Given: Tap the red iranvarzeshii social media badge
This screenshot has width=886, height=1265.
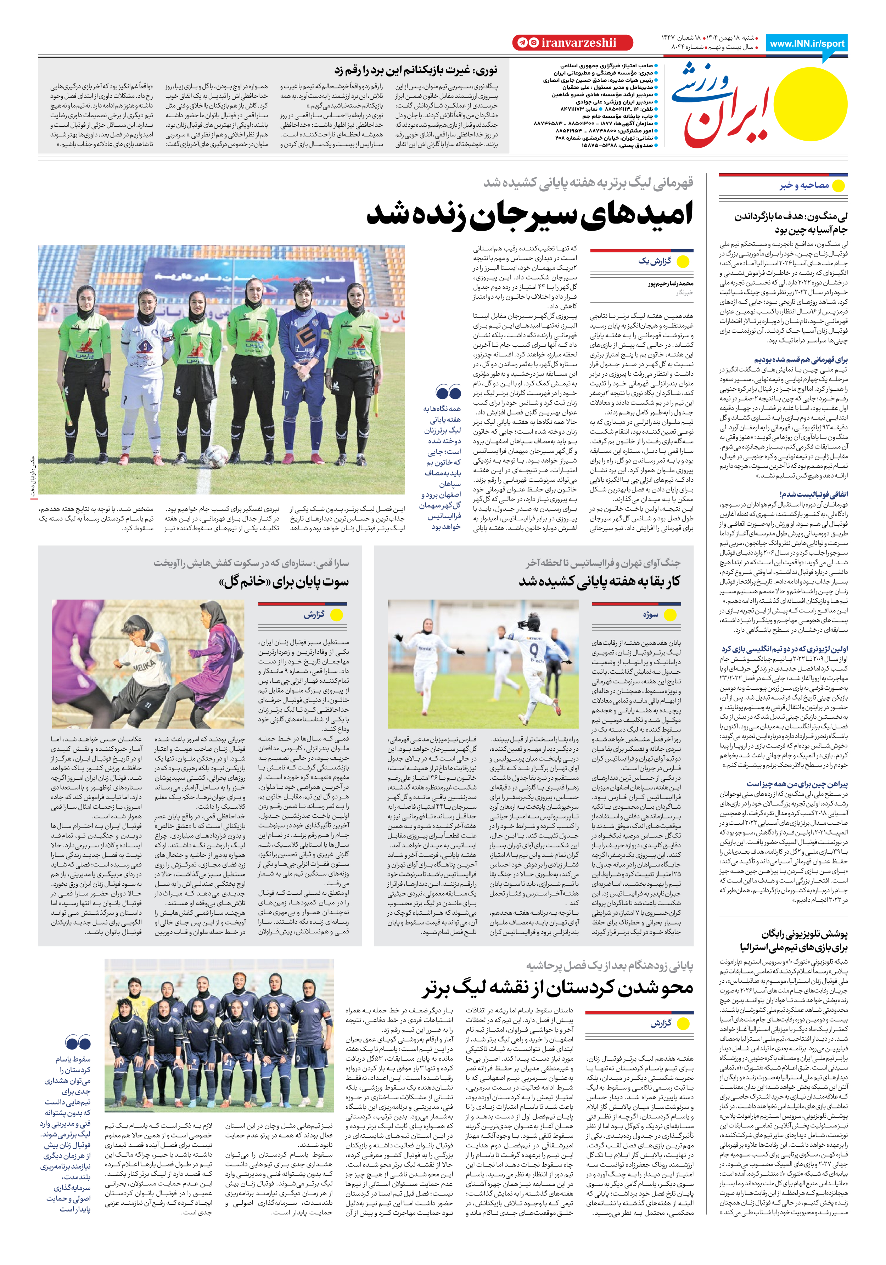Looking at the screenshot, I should [565, 43].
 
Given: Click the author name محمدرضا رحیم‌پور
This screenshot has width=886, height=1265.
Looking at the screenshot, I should [670, 284].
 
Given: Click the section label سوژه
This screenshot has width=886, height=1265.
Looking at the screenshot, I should [651, 614].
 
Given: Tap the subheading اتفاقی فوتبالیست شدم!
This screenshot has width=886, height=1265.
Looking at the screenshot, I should [813, 494].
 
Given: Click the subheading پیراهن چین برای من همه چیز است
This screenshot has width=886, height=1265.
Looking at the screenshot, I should [797, 784].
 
